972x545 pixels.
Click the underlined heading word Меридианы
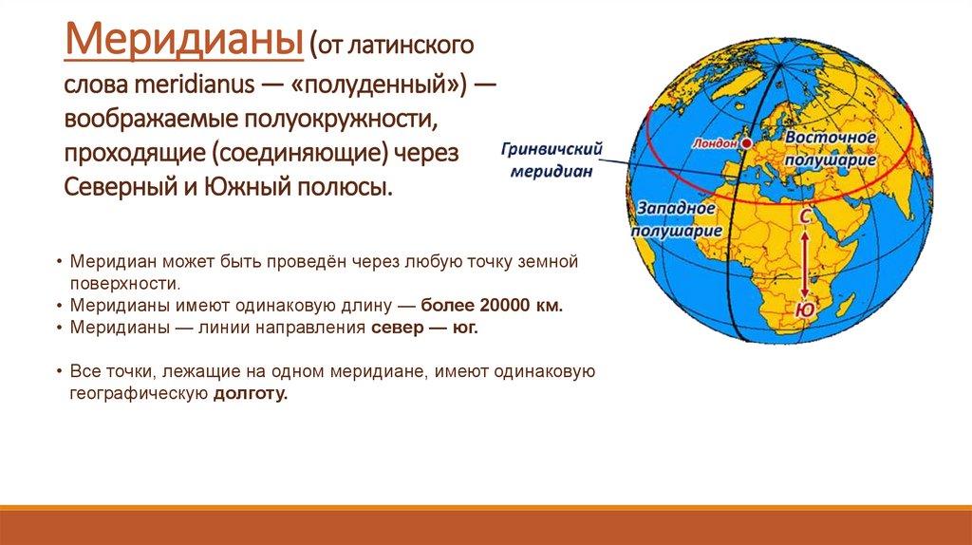pyautogui.click(x=183, y=41)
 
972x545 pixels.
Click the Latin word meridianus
pyautogui.click(x=194, y=85)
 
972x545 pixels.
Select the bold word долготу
pyautogui.click(x=251, y=394)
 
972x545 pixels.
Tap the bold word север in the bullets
pyautogui.click(x=394, y=328)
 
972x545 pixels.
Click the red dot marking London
pyautogui.click(x=746, y=143)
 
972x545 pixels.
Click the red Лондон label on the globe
pyautogui.click(x=716, y=143)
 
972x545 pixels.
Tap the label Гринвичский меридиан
pyautogui.click(x=551, y=160)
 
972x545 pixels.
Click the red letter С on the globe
pyautogui.click(x=805, y=216)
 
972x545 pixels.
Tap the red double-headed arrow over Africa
pyautogui.click(x=805, y=264)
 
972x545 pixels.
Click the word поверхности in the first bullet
pyautogui.click(x=125, y=284)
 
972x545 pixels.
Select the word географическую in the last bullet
pyautogui.click(x=139, y=394)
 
